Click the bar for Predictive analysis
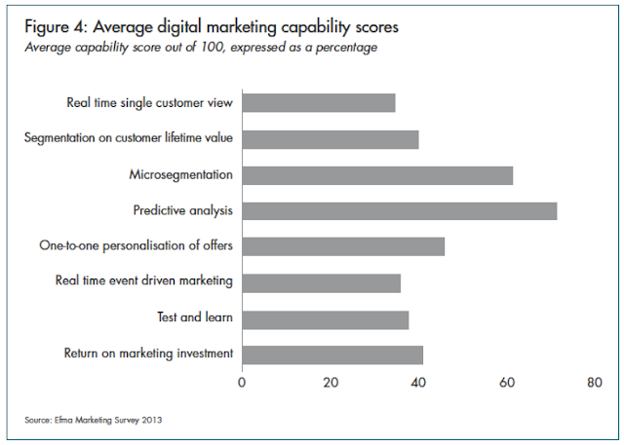(400, 210)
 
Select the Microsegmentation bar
(377, 175)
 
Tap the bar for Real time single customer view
(319, 103)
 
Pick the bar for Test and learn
(326, 318)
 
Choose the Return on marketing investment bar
(332, 354)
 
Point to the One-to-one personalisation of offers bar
(343, 246)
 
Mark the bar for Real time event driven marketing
(322, 282)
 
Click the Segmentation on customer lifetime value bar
(331, 139)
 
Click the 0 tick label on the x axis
(242, 384)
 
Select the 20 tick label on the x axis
(331, 384)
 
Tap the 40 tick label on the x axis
(419, 384)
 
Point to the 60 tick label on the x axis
(507, 384)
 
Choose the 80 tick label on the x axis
(595, 384)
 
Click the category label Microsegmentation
(181, 175)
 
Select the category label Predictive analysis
(183, 210)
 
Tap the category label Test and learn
(195, 318)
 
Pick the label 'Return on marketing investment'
(148, 353)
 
